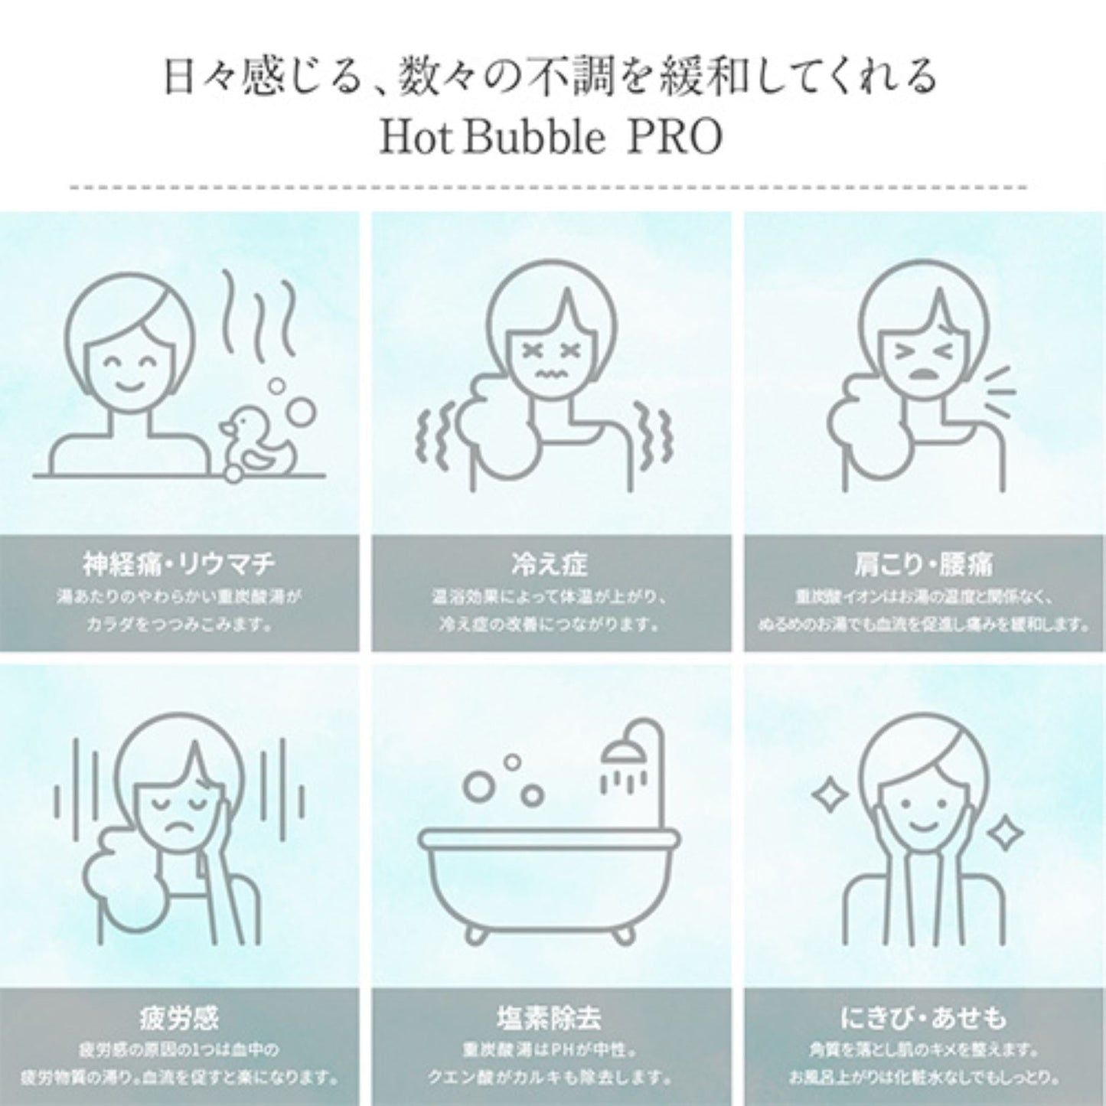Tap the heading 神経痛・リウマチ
(x=178, y=565)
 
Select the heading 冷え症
(x=550, y=565)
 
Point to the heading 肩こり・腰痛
(x=922, y=565)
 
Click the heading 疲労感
(x=178, y=1017)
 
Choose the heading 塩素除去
(x=550, y=1017)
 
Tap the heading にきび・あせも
(x=922, y=1017)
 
